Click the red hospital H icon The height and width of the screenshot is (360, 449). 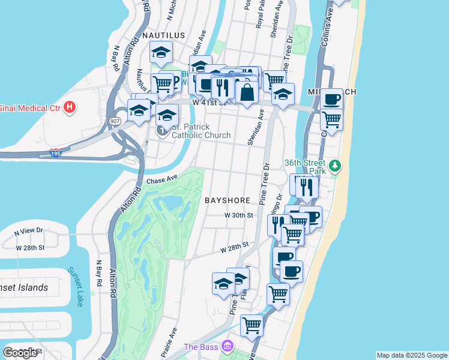pyautogui.click(x=70, y=108)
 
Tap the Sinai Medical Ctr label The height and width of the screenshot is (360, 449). pyautogui.click(x=30, y=108)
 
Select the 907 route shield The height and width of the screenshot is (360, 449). pyautogui.click(x=115, y=121)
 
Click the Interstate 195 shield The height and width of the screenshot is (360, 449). pyautogui.click(x=55, y=153)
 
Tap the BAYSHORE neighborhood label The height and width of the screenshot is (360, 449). pyautogui.click(x=226, y=199)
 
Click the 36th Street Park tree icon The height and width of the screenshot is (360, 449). pyautogui.click(x=336, y=164)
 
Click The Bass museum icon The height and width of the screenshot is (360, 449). pyautogui.click(x=228, y=346)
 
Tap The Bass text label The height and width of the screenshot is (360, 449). pyautogui.click(x=199, y=347)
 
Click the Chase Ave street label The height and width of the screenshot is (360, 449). pyautogui.click(x=163, y=179)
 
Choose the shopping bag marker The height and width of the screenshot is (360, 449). pyautogui.click(x=247, y=92)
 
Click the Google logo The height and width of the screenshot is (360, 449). pyautogui.click(x=20, y=352)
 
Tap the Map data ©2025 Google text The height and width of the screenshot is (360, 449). pyautogui.click(x=411, y=355)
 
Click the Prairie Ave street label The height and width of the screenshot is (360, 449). pyautogui.click(x=172, y=339)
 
